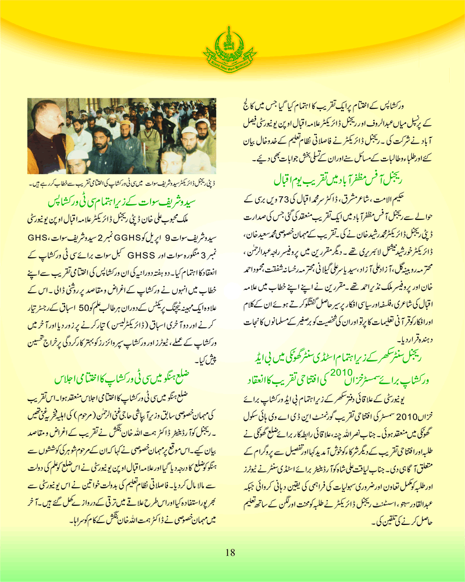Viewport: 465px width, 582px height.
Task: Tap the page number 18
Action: [231, 552]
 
